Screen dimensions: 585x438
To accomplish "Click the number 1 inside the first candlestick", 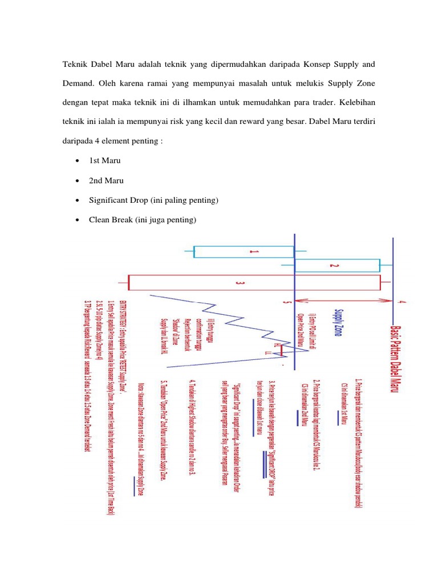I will (255, 251).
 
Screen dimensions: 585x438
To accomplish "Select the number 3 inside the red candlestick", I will (240, 283).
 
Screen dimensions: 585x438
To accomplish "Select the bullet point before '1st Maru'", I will (77, 161).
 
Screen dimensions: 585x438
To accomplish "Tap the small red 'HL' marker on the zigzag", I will (277, 346).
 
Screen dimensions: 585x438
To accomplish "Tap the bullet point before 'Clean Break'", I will (77, 219).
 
